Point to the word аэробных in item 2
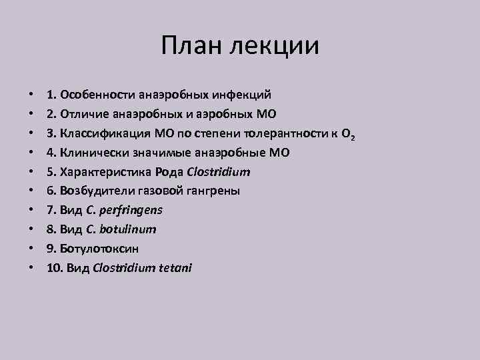(223, 114)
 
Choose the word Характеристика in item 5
(102, 171)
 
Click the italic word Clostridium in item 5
(219, 171)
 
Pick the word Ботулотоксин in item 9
(97, 248)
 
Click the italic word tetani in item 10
(175, 267)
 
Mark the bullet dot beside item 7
(31, 210)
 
